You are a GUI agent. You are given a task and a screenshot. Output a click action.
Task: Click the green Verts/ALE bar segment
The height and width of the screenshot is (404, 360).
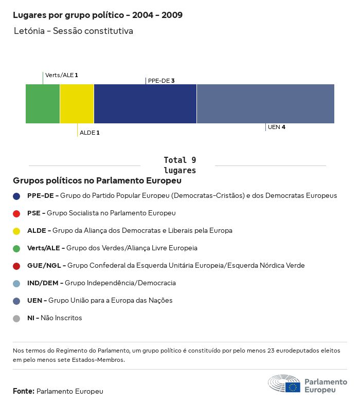[x=43, y=104]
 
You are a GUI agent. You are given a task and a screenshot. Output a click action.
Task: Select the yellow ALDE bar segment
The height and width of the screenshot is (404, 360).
[x=77, y=104]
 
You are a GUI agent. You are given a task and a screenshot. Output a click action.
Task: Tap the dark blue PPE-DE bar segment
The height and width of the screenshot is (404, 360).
[x=145, y=104]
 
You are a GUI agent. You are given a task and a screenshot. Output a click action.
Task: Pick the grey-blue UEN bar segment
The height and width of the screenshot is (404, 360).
[x=265, y=104]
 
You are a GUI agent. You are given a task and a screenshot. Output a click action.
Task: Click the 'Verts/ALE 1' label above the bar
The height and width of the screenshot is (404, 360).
[x=62, y=75]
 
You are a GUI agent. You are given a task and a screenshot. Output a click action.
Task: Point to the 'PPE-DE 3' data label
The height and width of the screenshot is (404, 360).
[x=161, y=81]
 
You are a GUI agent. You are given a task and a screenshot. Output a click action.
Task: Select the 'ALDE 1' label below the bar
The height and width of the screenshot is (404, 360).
[x=89, y=133]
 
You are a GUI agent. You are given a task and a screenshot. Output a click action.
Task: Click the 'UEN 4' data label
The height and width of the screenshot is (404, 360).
[x=277, y=127]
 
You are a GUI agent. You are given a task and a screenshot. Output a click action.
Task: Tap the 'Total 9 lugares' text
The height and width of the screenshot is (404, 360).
[x=179, y=165]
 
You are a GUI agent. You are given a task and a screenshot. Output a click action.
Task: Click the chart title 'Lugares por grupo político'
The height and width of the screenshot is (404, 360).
[x=98, y=15]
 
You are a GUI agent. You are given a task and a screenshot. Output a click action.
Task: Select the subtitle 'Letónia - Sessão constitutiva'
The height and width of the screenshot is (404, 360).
[x=74, y=31]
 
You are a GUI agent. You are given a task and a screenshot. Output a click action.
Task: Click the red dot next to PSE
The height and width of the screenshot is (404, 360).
[x=16, y=213]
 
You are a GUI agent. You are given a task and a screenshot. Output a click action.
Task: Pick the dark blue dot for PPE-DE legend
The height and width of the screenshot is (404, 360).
[x=16, y=196]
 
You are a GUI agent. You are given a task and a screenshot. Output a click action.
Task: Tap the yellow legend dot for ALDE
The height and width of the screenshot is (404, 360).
[x=16, y=231]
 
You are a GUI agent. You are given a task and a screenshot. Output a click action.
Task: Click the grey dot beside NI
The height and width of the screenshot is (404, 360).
[x=16, y=318]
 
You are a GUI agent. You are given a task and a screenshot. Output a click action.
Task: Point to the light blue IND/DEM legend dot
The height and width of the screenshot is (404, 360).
[x=16, y=283]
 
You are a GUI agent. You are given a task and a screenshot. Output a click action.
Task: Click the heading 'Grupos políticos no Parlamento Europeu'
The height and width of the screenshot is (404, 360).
[x=97, y=181]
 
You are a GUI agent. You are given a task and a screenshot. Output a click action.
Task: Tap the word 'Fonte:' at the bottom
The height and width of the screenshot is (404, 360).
[x=24, y=391]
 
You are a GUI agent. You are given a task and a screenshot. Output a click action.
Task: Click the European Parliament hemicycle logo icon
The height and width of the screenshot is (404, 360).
[x=284, y=384]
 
